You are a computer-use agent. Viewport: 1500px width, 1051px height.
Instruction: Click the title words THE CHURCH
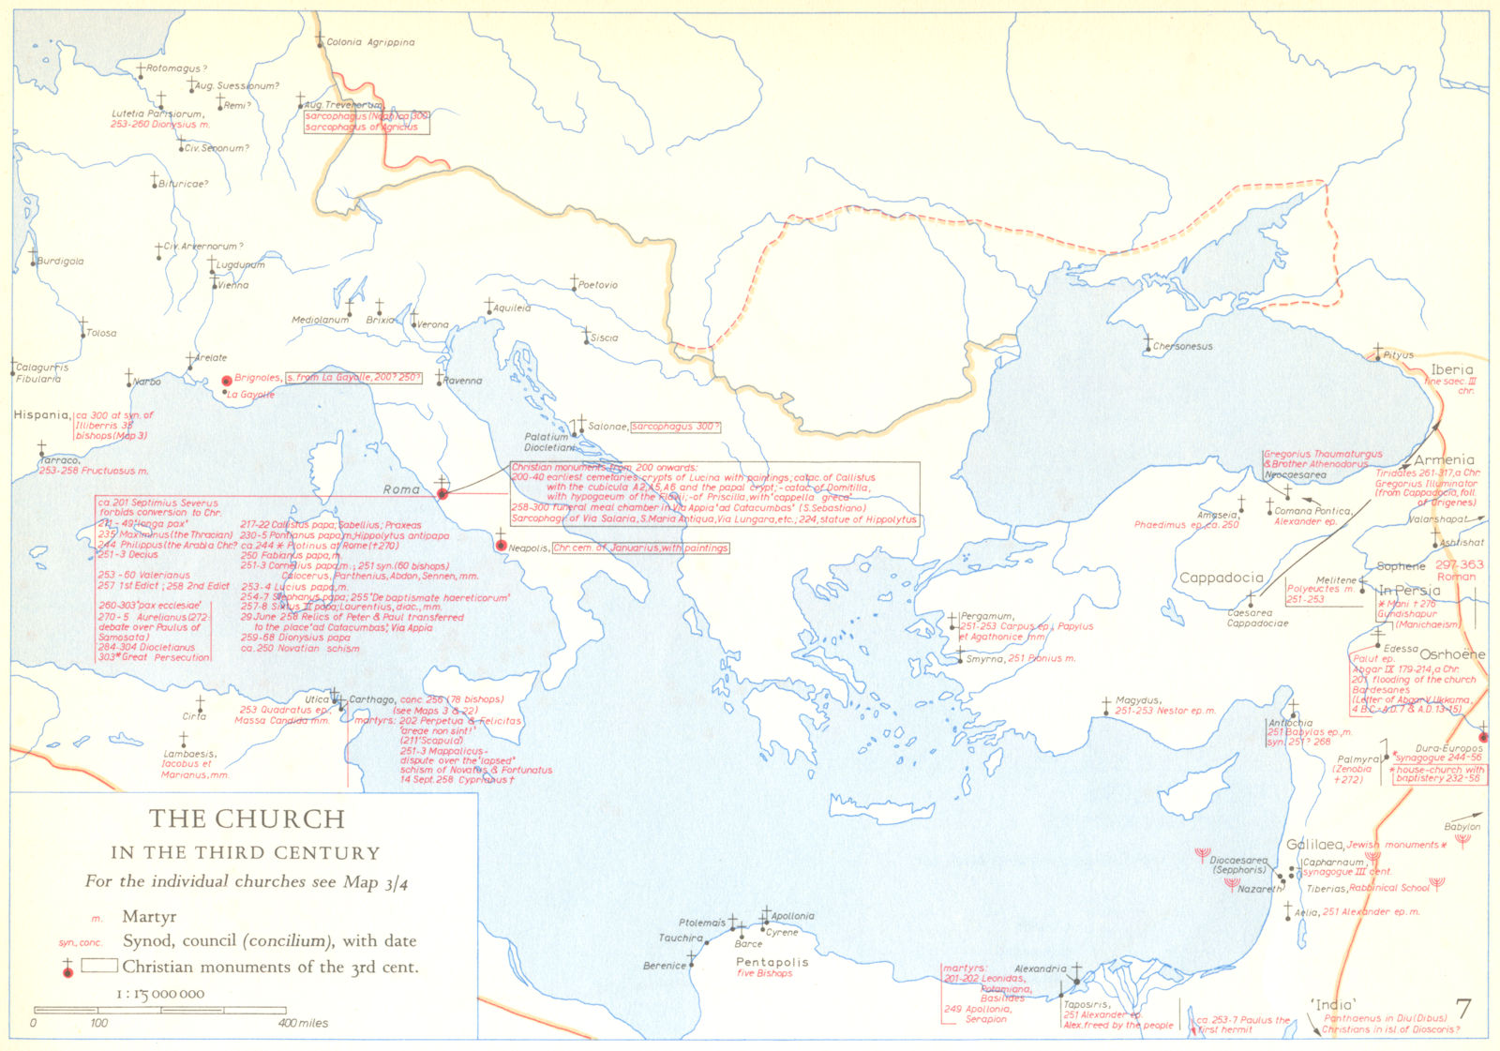click(x=247, y=818)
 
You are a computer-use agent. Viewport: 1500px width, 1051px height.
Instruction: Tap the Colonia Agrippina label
click(x=370, y=42)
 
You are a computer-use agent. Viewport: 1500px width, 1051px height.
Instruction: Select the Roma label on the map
click(x=401, y=489)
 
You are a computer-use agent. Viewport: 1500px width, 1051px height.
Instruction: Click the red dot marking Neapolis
click(x=502, y=546)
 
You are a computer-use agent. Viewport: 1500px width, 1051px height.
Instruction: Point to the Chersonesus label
click(x=1182, y=347)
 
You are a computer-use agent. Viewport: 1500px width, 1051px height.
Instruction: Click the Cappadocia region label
click(x=1221, y=578)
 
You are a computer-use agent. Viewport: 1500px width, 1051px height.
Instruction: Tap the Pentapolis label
click(x=772, y=962)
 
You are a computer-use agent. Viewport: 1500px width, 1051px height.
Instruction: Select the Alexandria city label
click(x=1040, y=968)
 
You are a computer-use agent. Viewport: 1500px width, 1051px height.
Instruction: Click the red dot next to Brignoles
click(x=226, y=381)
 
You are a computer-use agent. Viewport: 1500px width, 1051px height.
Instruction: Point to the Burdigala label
click(x=61, y=262)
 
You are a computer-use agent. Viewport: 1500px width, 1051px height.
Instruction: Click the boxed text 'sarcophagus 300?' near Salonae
click(x=675, y=427)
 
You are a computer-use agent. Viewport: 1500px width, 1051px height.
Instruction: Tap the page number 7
click(x=1462, y=1009)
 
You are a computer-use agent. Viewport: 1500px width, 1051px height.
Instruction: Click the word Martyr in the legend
click(x=149, y=917)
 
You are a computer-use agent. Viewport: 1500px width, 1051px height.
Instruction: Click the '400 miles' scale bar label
click(x=303, y=1023)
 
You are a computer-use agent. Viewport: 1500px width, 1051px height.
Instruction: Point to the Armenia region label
click(x=1444, y=459)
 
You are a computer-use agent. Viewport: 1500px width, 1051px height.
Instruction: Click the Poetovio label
click(x=598, y=285)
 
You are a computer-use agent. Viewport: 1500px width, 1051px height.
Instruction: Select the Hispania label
click(x=41, y=414)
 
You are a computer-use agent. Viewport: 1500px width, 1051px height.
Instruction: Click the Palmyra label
click(x=1358, y=759)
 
